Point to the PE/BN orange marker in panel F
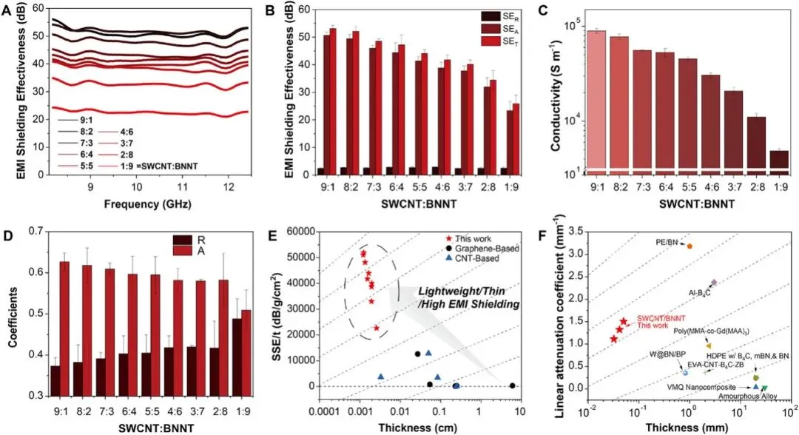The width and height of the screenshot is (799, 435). tap(689, 246)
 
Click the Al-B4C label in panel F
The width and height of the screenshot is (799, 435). tap(700, 292)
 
